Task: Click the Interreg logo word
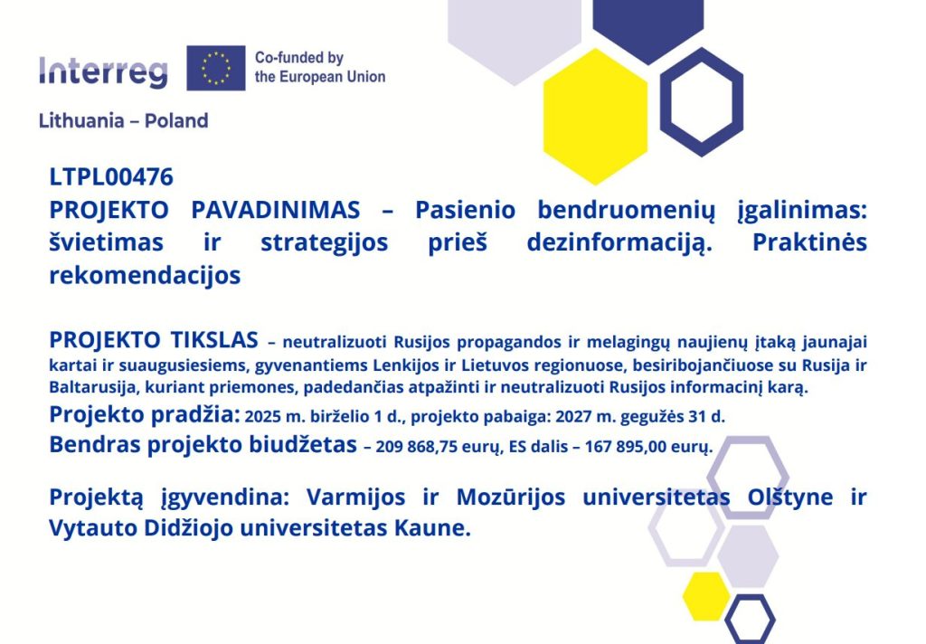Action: [x=103, y=72]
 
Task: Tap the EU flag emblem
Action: [x=215, y=68]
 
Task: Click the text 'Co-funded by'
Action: [x=298, y=57]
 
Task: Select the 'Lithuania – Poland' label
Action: [x=123, y=120]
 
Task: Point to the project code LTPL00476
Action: [x=111, y=177]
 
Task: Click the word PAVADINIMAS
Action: [x=275, y=210]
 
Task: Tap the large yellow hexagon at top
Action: [x=595, y=117]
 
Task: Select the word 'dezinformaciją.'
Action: [x=619, y=242]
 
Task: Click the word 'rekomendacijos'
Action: [x=145, y=275]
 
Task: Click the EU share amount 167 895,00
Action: [x=626, y=446]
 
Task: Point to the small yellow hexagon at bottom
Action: [x=707, y=596]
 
